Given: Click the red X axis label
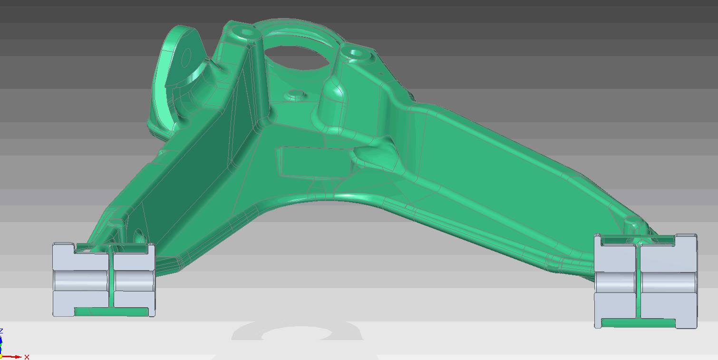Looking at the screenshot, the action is [27, 357].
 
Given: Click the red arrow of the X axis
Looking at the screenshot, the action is [11, 357].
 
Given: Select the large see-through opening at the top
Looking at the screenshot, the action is [297, 58].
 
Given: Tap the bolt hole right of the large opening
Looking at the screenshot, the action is [355, 53].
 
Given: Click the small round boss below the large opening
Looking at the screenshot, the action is [295, 95].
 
